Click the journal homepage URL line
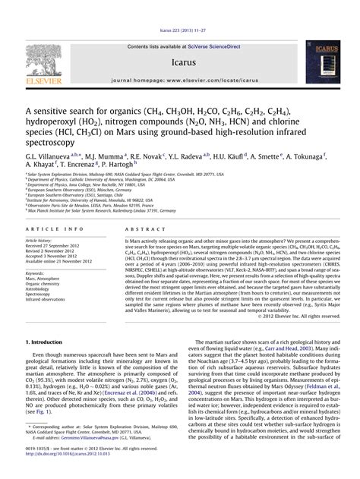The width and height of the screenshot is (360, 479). [x=179, y=79]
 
